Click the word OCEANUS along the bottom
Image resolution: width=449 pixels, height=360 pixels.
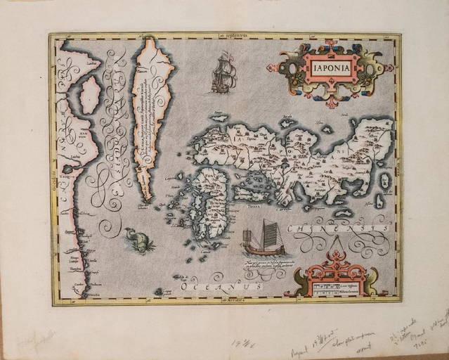pyautogui.click(x=222, y=287)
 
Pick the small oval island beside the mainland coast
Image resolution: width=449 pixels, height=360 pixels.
pyautogui.click(x=90, y=95)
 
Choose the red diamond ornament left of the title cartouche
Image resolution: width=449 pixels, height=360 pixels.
pyautogui.click(x=271, y=68)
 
